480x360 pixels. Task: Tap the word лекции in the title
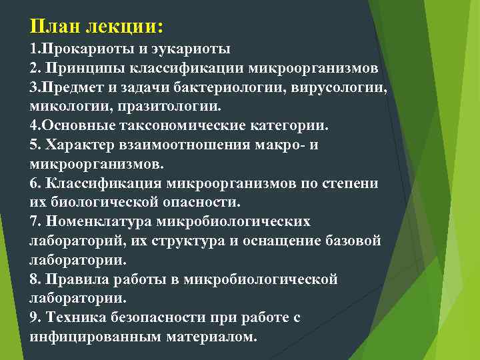[x=123, y=27]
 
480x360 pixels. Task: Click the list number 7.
[x=34, y=221]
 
